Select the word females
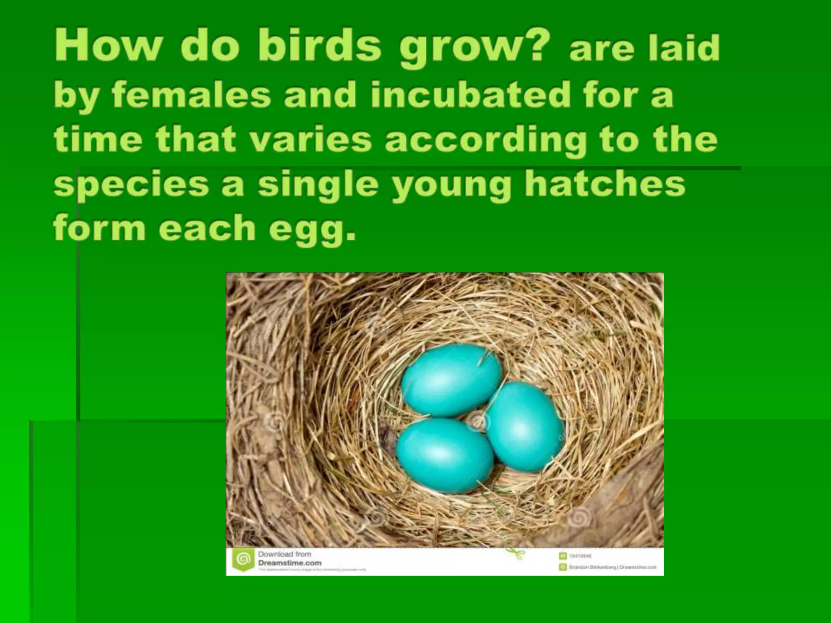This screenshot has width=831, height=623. (x=191, y=95)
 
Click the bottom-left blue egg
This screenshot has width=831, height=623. (x=445, y=455)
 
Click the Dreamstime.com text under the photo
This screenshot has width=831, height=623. (x=290, y=563)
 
